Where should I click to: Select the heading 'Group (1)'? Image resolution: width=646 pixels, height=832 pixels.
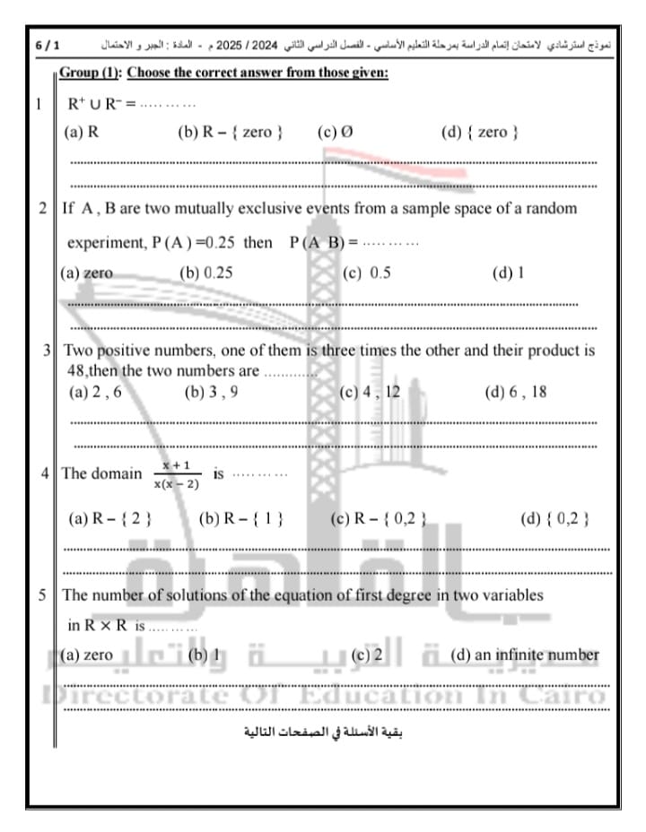pos(93,74)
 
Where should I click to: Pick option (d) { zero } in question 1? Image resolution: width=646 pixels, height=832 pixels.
pos(480,133)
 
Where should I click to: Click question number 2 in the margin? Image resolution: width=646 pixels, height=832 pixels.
pos(43,208)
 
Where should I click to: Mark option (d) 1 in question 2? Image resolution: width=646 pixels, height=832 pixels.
pos(508,273)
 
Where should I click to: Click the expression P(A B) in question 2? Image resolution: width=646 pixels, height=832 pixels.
pos(318,242)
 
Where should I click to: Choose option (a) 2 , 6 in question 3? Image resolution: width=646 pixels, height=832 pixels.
pos(94,392)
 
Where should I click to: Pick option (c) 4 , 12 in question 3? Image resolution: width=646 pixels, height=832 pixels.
pos(369,392)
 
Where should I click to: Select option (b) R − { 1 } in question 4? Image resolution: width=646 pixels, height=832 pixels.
pos(240,518)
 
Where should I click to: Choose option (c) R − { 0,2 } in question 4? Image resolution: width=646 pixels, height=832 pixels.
pos(377,518)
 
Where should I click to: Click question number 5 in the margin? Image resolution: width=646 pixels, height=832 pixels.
pos(43,594)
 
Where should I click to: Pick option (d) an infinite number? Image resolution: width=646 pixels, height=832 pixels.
pos(524,655)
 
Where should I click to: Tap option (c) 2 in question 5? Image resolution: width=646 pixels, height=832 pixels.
pos(367,655)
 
